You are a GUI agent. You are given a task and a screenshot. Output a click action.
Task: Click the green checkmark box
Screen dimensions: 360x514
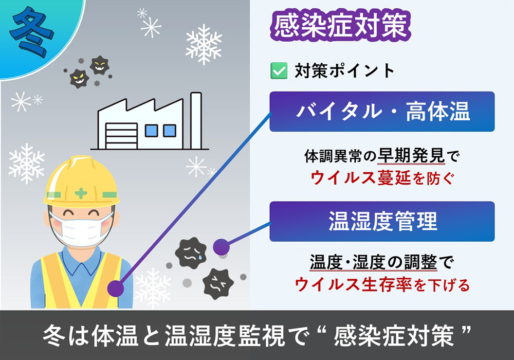tap(278, 70)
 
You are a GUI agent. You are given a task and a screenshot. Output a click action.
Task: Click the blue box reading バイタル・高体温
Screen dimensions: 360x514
tap(382, 112)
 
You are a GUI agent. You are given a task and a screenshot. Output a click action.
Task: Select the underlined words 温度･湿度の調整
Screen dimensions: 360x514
tap(373, 263)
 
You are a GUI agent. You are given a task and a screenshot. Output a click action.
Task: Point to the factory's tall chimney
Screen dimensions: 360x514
tap(196, 119)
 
